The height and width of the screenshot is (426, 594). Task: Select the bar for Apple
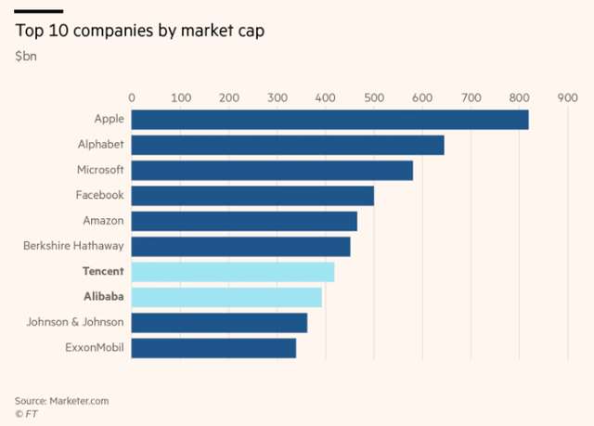coord(329,120)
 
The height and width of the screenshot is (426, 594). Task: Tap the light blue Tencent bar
coord(232,272)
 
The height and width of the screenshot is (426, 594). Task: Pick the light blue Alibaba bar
coord(226,297)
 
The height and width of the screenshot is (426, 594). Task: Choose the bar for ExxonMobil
coord(213,348)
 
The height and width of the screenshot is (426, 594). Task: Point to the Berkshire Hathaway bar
coord(240,246)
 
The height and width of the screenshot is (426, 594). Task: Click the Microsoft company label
coord(100,170)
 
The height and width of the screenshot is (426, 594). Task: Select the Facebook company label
coord(99,195)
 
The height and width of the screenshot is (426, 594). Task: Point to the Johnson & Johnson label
coord(80,322)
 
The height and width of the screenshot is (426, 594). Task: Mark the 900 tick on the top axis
coord(566,97)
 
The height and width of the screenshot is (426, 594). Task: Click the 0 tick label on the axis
coord(132,97)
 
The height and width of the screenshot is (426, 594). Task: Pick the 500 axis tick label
coord(373,97)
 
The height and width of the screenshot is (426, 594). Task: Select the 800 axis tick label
coord(518,97)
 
